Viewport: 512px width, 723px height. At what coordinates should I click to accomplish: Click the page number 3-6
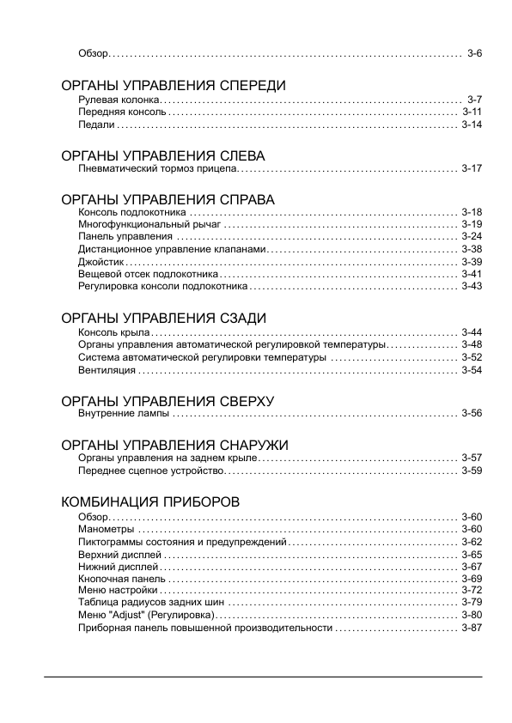coord(474,53)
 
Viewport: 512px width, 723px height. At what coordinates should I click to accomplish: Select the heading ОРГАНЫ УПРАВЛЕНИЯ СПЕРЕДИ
coord(173,86)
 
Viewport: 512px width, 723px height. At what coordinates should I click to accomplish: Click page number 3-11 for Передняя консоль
coord(472,112)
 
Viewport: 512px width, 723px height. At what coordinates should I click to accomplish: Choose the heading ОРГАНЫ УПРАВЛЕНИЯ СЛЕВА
coord(163,156)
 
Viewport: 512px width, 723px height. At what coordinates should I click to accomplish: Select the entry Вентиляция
coord(107,370)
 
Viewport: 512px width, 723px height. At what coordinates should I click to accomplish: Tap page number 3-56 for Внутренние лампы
coord(472,414)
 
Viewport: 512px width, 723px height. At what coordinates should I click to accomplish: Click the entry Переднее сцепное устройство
coord(151,471)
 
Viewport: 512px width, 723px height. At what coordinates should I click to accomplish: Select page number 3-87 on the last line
coord(472,629)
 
